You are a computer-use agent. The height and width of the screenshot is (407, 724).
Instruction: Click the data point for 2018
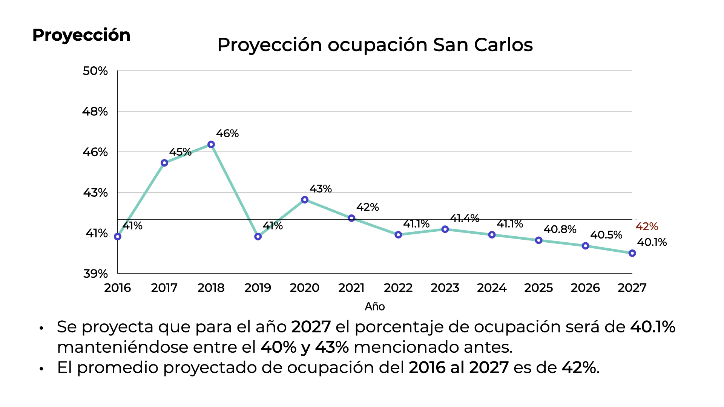point(211,145)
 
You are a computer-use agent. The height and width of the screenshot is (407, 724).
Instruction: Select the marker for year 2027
point(632,253)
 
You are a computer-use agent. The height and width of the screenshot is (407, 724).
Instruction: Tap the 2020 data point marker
point(305,200)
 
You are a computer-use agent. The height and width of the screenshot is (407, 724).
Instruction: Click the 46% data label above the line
point(227,133)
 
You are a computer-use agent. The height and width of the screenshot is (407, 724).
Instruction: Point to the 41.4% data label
point(464,218)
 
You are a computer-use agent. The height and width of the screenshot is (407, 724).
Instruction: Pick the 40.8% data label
point(560,229)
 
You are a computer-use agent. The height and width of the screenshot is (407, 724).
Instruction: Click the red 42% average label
point(647,226)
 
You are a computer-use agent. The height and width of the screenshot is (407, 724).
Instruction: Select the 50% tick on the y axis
point(95,71)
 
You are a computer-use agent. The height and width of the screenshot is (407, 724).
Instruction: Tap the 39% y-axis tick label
point(95,274)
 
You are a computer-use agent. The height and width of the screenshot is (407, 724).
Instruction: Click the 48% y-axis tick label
point(95,112)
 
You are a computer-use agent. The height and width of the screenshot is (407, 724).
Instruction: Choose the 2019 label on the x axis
point(258,288)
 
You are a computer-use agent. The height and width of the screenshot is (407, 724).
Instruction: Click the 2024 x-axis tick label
point(491,288)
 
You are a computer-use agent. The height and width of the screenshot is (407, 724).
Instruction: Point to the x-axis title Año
point(374,306)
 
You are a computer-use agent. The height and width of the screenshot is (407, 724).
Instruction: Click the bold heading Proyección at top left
point(81,35)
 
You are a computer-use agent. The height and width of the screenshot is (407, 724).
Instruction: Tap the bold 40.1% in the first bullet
point(652,327)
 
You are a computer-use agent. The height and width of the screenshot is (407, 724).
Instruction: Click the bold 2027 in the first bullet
point(311,327)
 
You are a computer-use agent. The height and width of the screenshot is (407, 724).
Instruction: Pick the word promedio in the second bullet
point(120,367)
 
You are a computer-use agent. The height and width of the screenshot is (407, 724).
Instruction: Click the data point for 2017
point(164,163)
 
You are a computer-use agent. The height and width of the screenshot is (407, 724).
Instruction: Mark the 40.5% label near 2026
point(606,235)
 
